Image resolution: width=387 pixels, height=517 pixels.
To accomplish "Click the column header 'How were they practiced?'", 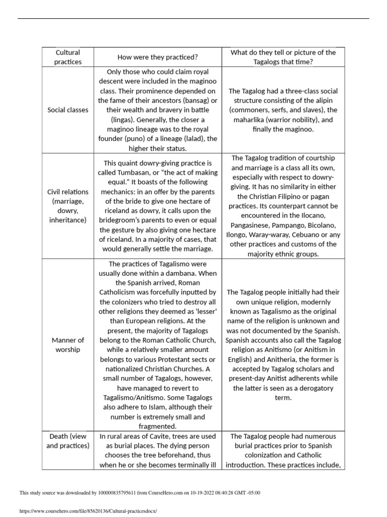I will click(157, 57).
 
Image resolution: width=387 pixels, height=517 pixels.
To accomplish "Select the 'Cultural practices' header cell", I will click(68, 57).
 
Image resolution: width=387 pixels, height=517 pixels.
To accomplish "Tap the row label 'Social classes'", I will click(68, 110).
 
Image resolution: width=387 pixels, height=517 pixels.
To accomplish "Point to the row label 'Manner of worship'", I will click(68, 345).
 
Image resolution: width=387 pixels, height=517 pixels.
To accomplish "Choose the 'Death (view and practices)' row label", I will click(68, 441).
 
